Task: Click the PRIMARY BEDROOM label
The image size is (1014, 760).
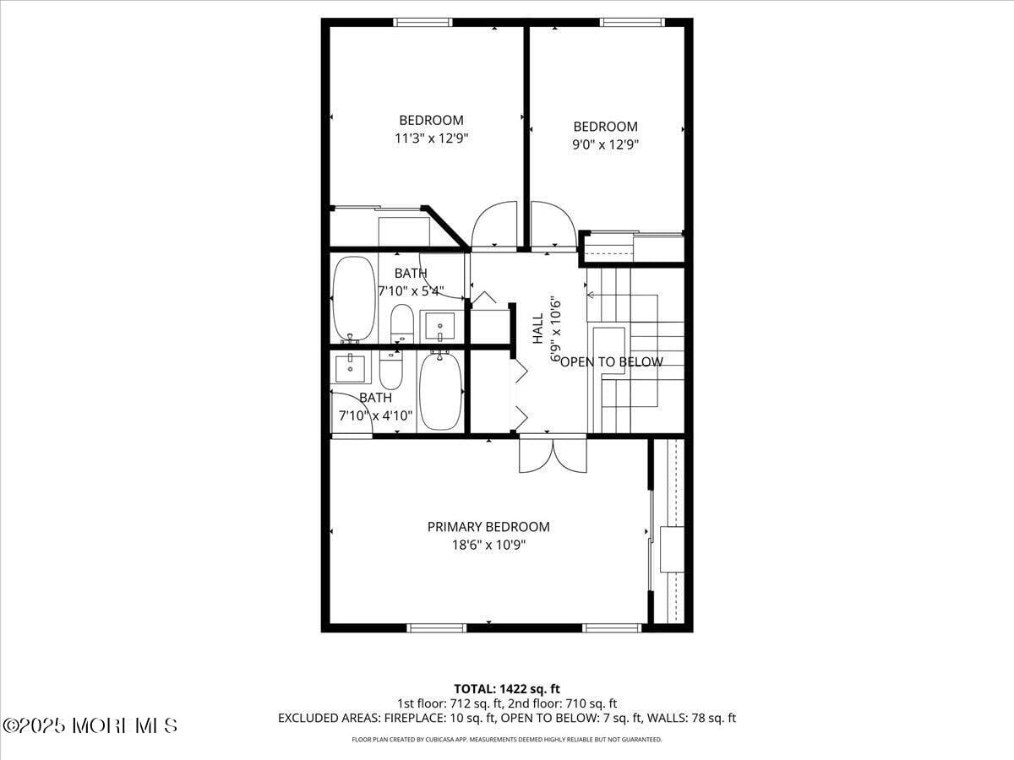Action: click(x=488, y=527)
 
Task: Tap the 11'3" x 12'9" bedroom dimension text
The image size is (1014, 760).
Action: click(x=431, y=138)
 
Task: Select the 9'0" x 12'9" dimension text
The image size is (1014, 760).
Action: click(x=605, y=144)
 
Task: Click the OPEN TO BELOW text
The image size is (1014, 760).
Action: click(x=612, y=362)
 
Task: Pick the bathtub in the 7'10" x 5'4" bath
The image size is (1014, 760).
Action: click(x=353, y=299)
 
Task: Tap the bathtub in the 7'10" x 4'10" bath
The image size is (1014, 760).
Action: click(x=440, y=391)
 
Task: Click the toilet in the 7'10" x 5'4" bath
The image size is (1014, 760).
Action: click(x=402, y=323)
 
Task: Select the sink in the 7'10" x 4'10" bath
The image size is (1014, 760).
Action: click(x=350, y=368)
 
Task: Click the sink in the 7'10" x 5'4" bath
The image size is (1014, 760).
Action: click(x=439, y=324)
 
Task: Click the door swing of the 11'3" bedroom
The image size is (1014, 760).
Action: click(x=494, y=225)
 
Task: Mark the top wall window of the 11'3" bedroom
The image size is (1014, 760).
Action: click(x=422, y=23)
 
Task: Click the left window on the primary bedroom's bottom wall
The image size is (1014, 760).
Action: click(x=437, y=627)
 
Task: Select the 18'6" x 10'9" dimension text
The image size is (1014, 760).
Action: click(x=488, y=546)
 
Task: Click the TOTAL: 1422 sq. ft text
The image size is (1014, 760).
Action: click(x=507, y=689)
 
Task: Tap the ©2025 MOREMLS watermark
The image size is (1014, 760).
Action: click(x=90, y=725)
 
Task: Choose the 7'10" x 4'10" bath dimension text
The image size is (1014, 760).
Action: click(x=375, y=415)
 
